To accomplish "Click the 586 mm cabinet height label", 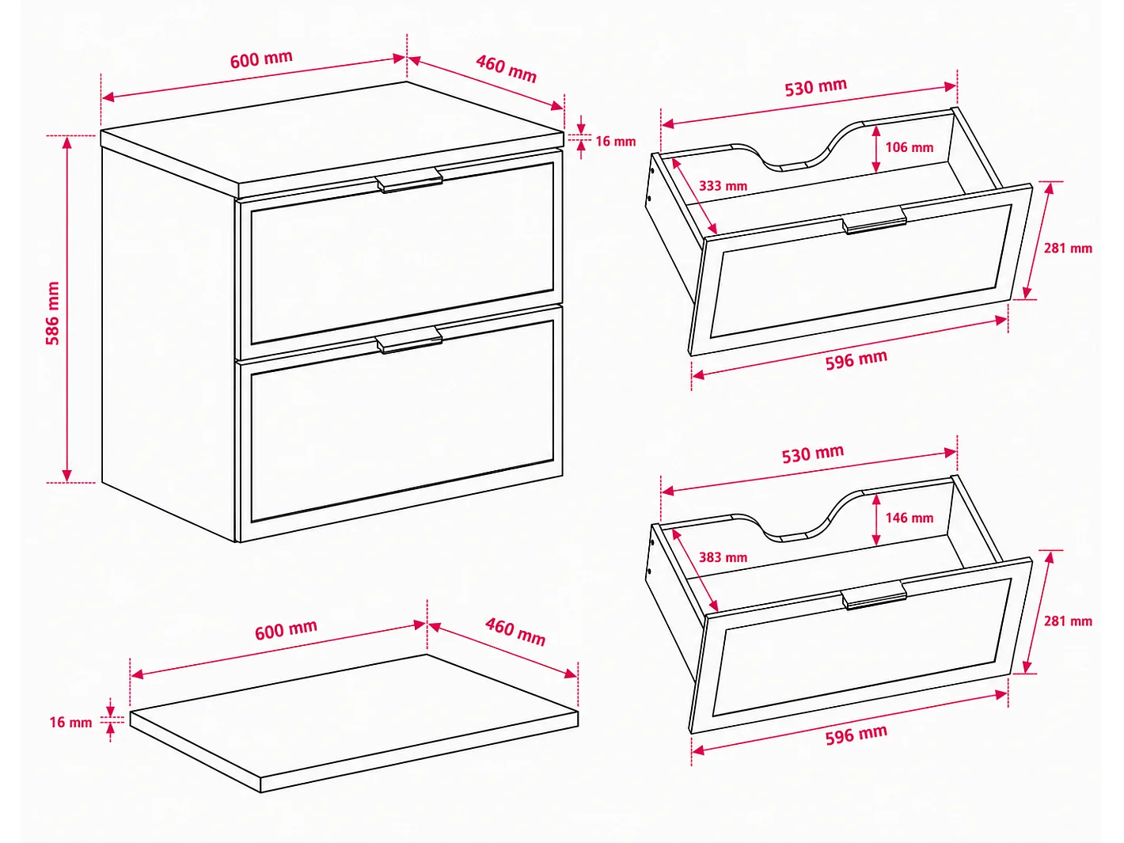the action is [x=53, y=313].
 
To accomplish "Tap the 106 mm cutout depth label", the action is [x=909, y=147].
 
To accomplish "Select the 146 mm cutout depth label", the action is [x=909, y=518].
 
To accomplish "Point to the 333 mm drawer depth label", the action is [x=723, y=186].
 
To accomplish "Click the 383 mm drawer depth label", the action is [x=723, y=557].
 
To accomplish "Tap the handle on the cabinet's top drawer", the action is [x=410, y=180].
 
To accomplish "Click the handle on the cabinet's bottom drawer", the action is [x=410, y=340].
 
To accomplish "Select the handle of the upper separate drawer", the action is [x=874, y=220].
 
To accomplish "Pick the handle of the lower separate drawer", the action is [x=874, y=595].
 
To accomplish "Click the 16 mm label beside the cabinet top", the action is [x=616, y=141].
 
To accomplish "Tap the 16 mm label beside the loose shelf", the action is [x=70, y=722].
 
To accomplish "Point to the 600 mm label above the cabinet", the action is [x=261, y=59].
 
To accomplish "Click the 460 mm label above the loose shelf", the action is [x=515, y=632].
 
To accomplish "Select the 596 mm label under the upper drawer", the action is [x=856, y=360].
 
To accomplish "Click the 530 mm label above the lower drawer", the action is [x=813, y=454].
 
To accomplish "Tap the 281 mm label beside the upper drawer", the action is [x=1068, y=249].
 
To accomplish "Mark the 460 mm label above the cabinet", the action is [x=506, y=69].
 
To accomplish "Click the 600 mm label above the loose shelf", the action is [x=287, y=629].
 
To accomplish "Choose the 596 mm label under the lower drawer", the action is [x=856, y=735].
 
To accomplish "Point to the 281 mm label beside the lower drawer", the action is [x=1068, y=621].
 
